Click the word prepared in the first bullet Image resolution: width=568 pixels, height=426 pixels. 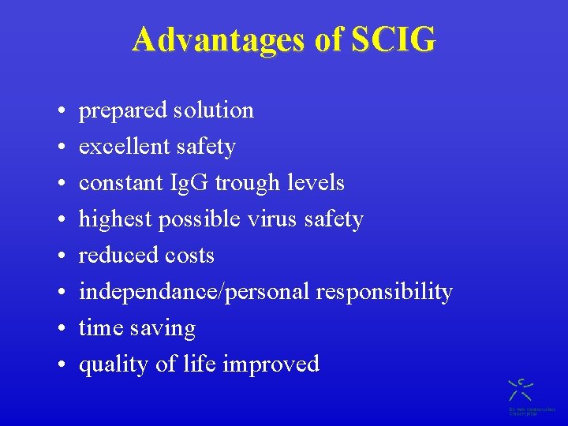pyautogui.click(x=117, y=110)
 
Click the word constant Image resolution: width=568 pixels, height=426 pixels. pyautogui.click(x=122, y=183)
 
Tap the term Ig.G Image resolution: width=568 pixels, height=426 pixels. pyautogui.click(x=190, y=183)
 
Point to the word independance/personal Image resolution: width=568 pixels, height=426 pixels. pyautogui.click(x=194, y=292)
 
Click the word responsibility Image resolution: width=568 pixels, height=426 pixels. pyautogui.click(x=384, y=292)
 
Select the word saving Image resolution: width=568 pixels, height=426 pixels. pyautogui.click(x=165, y=328)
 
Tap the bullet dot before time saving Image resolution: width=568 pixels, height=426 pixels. pyautogui.click(x=61, y=328)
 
